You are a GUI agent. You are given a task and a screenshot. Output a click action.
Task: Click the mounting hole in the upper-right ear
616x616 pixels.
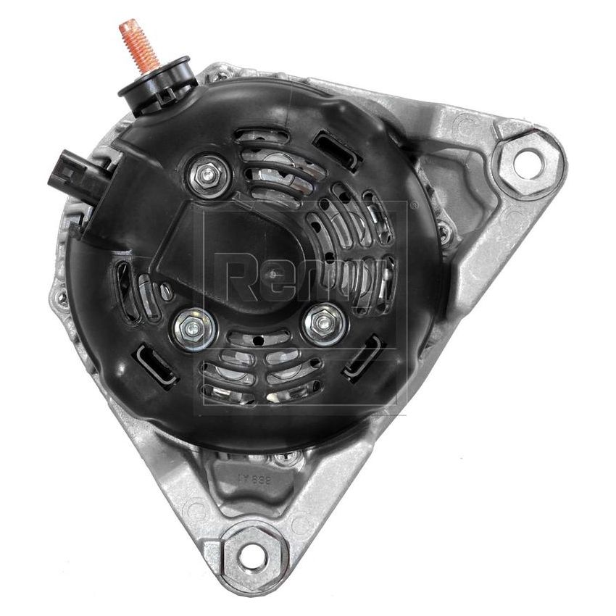click(528, 162)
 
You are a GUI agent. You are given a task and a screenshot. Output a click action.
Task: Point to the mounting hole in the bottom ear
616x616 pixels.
click(251, 557)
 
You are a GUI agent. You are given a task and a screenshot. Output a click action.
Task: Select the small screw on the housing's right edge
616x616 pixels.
click(444, 232)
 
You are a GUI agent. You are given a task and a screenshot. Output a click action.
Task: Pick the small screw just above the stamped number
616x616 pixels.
click(290, 457)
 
